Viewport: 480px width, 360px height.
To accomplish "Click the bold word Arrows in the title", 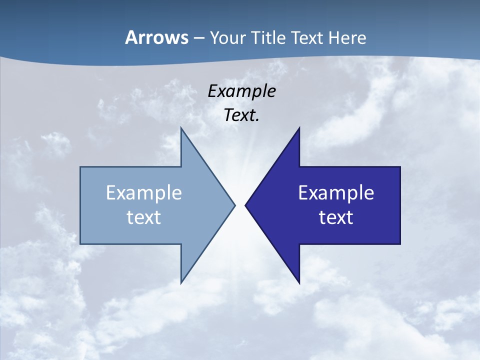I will (156, 37).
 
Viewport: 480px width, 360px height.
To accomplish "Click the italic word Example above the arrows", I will (241, 91).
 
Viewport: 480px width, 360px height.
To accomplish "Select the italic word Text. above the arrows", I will (240, 115).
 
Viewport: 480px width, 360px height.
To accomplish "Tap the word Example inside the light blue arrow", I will (144, 192).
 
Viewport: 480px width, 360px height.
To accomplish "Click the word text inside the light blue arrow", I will (144, 217).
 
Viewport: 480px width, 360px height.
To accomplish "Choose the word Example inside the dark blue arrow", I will (336, 192).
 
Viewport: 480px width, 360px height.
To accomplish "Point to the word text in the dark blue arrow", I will (336, 217).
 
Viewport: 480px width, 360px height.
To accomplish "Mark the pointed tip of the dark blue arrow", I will (246, 205).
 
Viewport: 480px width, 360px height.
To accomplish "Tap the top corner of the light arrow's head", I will (181, 128).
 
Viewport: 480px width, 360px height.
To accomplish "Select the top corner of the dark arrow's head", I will (299, 128).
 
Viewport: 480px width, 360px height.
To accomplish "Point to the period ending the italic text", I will (257, 120).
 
